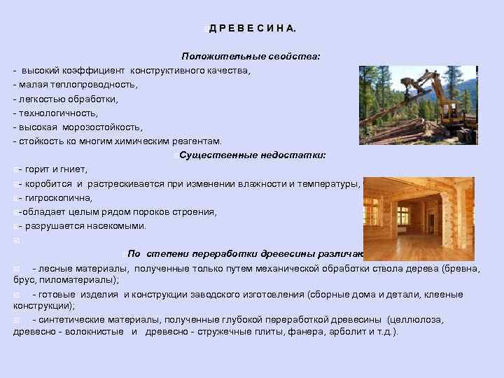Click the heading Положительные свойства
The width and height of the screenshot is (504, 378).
pos(251,55)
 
